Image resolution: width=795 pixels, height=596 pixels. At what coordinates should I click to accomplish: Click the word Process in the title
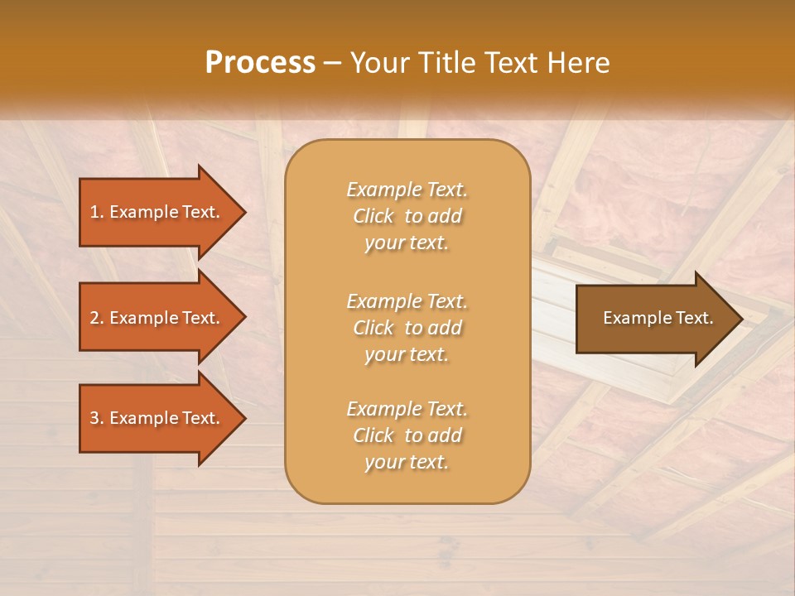pos(260,63)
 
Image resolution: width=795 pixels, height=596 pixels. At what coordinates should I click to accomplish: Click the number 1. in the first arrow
pos(97,212)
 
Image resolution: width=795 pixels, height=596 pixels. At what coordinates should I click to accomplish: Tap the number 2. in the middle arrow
pos(97,318)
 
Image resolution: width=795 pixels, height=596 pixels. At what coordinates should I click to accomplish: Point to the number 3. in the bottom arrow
pos(97,418)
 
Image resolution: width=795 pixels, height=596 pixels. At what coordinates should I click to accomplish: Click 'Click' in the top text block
pos(373,216)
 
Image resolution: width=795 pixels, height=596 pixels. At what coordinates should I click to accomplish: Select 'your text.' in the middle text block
pos(407,354)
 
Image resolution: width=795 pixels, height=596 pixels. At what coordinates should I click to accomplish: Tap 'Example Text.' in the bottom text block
pos(407,409)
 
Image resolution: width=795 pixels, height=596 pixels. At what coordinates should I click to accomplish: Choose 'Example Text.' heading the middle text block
pos(407,301)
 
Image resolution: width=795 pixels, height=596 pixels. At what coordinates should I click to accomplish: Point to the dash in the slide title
pos(332,64)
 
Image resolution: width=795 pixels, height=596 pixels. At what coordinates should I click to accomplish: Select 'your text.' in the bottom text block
pos(407,462)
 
